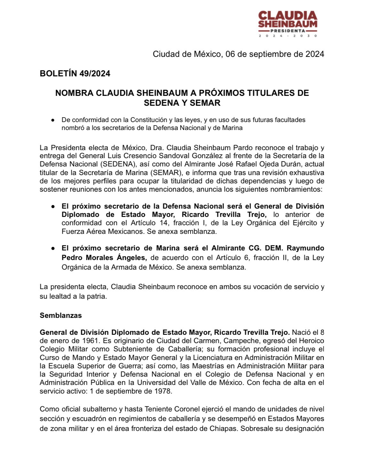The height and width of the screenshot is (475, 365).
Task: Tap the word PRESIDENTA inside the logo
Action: click(x=288, y=31)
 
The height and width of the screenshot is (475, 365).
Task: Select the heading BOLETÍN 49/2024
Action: click(x=75, y=73)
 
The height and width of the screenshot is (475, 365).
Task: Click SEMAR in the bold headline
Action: click(x=205, y=103)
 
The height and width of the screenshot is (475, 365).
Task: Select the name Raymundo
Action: click(x=305, y=248)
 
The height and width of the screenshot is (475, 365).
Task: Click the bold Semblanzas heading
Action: click(x=61, y=315)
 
